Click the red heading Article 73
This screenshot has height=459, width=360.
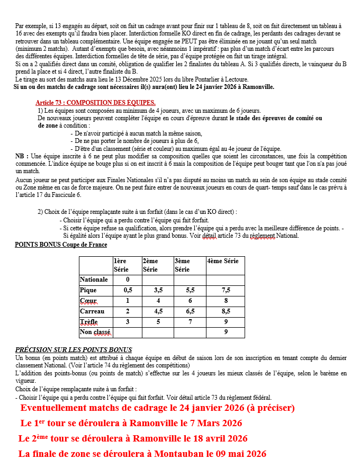(95, 102)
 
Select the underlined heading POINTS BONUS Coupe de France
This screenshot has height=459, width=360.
(61, 245)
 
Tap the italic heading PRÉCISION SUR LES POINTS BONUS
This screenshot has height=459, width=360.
(73, 350)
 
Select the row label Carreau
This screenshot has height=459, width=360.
(92, 311)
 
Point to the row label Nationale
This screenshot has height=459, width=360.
(94, 280)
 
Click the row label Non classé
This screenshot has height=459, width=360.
(95, 332)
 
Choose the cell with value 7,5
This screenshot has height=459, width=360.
(226, 290)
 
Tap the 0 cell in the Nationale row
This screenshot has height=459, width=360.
(128, 280)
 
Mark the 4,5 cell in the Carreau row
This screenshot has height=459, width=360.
(158, 311)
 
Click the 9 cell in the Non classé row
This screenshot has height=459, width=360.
(226, 332)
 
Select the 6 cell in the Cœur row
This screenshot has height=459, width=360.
(190, 301)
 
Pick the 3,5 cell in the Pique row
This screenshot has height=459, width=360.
(158, 290)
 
